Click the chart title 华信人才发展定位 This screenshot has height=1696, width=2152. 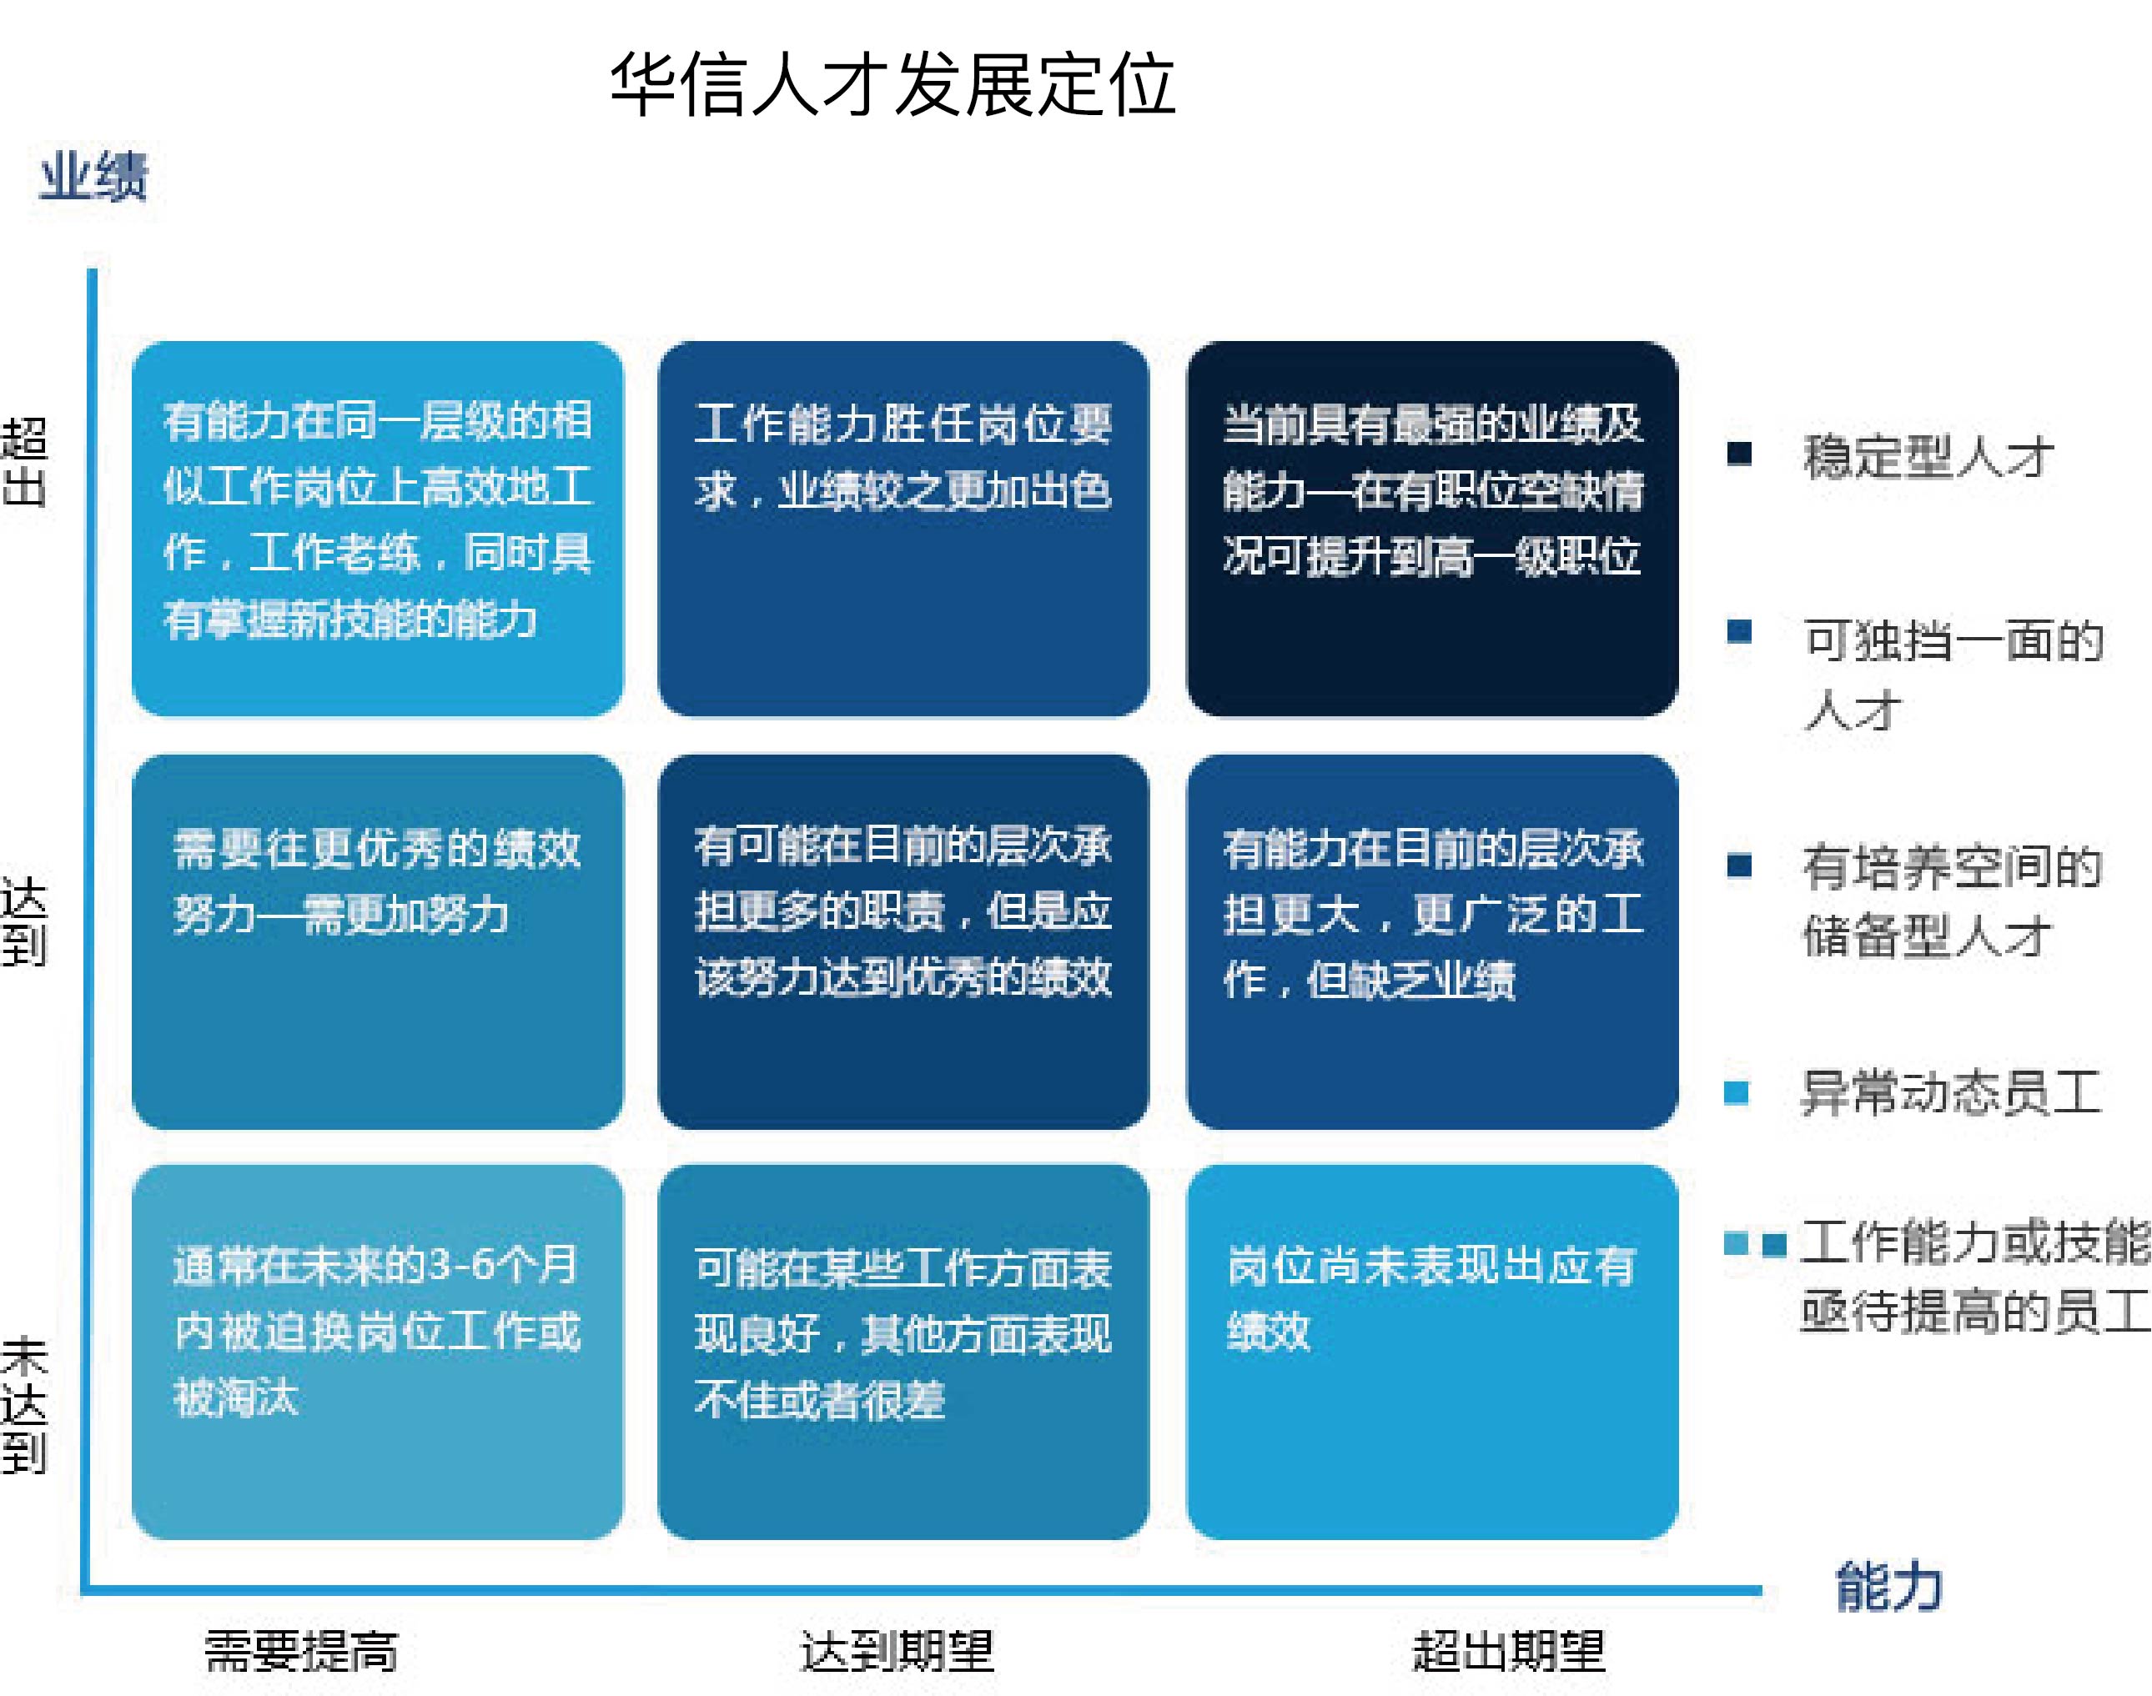(x=892, y=84)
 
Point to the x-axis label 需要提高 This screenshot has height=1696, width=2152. (x=301, y=1651)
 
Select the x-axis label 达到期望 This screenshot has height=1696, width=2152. (x=897, y=1651)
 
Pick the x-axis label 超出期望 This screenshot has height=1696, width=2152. (x=1509, y=1651)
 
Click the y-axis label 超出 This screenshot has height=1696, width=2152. (x=24, y=463)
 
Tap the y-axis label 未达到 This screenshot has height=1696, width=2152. (x=24, y=1406)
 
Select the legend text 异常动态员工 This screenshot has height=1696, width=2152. (x=1952, y=1092)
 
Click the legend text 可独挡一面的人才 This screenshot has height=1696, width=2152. (x=1953, y=675)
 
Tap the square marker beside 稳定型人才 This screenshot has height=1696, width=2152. (x=1739, y=453)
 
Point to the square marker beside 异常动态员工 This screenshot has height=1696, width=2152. (x=1737, y=1092)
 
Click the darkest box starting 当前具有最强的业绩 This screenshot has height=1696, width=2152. (x=1432, y=529)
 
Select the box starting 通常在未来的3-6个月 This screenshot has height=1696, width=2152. (x=377, y=1352)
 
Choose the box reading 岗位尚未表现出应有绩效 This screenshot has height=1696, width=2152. (x=1432, y=1352)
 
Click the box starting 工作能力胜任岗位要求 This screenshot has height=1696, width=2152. (x=903, y=529)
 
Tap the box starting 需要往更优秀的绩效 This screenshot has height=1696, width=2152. (x=377, y=942)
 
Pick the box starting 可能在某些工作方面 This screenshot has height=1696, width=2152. (x=903, y=1352)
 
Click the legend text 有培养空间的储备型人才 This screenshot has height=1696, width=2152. (x=1953, y=901)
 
